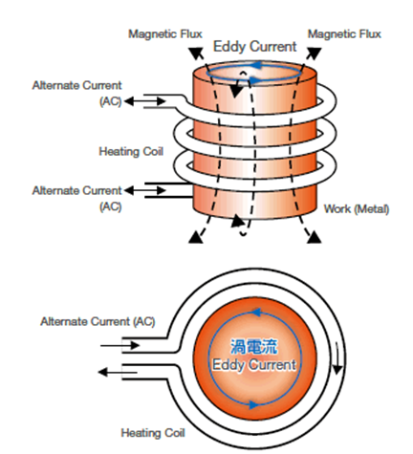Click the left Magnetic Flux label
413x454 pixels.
(x=165, y=34)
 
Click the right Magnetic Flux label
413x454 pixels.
(x=344, y=34)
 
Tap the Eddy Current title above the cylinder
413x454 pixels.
(x=254, y=47)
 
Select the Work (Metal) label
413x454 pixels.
(x=357, y=209)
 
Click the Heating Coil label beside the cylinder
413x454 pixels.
(x=131, y=151)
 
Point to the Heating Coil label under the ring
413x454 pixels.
(x=153, y=433)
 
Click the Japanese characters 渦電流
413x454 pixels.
(x=254, y=347)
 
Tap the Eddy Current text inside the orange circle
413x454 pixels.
(x=254, y=365)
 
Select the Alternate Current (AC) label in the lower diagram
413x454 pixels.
(x=98, y=321)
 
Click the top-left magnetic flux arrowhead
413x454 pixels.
(x=196, y=53)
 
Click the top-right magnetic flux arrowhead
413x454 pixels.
(x=314, y=53)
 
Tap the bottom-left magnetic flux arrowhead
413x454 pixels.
(x=196, y=238)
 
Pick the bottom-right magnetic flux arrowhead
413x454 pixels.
(x=314, y=237)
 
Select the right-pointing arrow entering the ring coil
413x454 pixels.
(x=120, y=345)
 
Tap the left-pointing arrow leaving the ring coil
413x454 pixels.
(x=118, y=372)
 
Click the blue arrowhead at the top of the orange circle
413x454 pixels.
(x=257, y=313)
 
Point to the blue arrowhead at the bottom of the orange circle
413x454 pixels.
(x=254, y=405)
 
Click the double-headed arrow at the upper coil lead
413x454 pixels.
(x=145, y=101)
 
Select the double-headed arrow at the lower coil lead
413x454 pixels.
(x=145, y=190)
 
